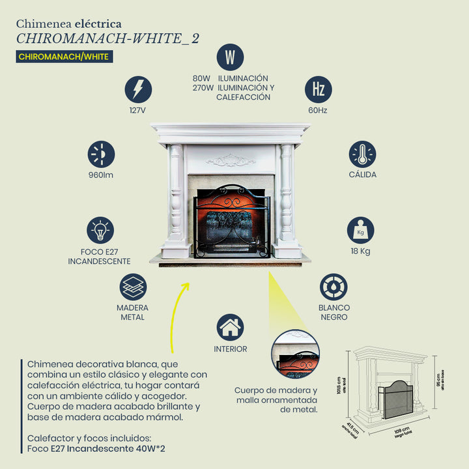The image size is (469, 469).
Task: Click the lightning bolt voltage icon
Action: (x=138, y=89)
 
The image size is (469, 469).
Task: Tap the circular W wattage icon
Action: (x=230, y=57)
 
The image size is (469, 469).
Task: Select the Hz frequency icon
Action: (x=318, y=89)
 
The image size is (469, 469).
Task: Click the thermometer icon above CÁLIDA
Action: (x=362, y=154)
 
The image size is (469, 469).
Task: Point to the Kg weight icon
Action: (x=360, y=230)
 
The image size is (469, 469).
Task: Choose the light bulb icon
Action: (x=100, y=230)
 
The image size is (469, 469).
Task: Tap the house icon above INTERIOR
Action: (x=230, y=328)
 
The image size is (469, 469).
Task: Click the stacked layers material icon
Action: (x=133, y=287)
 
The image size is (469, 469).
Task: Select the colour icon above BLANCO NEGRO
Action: (x=334, y=287)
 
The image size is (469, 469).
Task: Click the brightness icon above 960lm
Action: (x=101, y=154)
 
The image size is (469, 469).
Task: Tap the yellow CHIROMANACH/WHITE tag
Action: (x=64, y=57)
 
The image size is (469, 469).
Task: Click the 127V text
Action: (x=137, y=111)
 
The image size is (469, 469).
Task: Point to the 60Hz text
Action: (x=318, y=111)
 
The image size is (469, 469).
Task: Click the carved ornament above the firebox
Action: (x=231, y=160)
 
